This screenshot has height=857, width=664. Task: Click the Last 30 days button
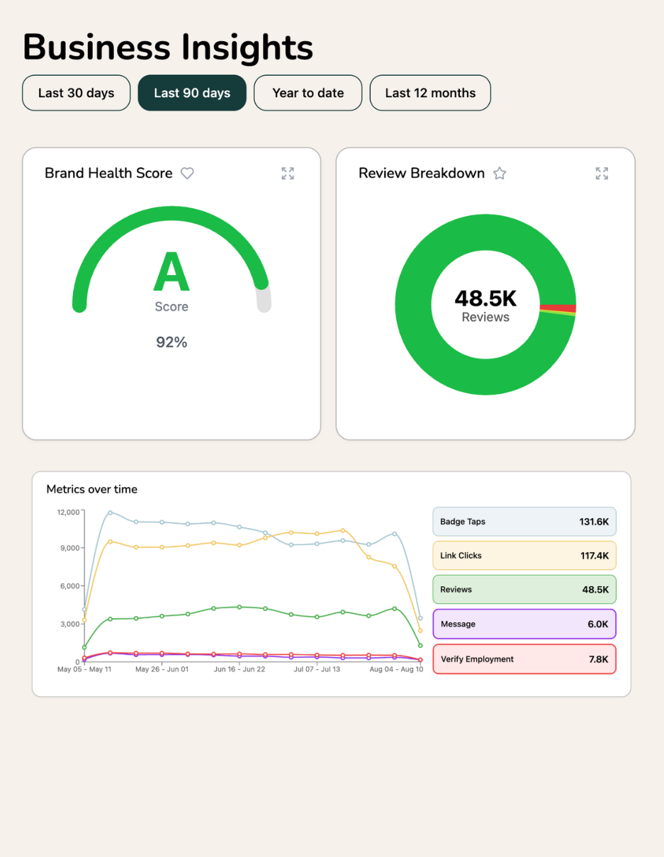click(77, 93)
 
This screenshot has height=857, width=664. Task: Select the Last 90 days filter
click(192, 93)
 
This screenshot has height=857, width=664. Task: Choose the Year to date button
click(308, 93)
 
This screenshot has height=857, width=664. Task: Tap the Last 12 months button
click(430, 93)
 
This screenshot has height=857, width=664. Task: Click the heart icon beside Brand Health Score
click(187, 173)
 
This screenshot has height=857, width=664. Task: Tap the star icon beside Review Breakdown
click(500, 173)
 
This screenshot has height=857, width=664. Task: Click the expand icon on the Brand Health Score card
click(288, 174)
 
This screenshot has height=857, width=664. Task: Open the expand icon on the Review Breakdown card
click(602, 174)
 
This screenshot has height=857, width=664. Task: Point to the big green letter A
click(171, 273)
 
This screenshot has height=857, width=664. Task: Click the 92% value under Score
click(171, 342)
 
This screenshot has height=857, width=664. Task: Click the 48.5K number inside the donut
click(485, 298)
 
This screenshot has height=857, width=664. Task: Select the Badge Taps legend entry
click(524, 522)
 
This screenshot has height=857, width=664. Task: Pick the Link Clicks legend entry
click(524, 556)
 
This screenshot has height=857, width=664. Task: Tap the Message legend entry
click(524, 624)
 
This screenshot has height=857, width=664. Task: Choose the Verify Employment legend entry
click(524, 659)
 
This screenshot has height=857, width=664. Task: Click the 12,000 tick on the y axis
click(69, 512)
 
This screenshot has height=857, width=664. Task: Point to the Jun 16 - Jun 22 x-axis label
click(240, 669)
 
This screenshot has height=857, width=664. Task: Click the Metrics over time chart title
click(92, 489)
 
